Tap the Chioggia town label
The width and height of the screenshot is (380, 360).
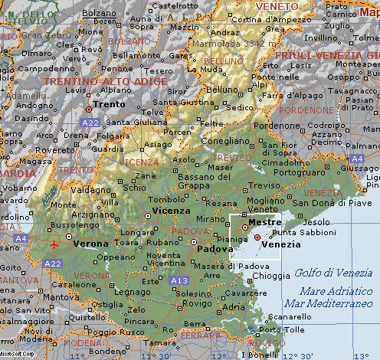(273, 275)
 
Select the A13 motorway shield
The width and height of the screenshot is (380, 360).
(179, 280)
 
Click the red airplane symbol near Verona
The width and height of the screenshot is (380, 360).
(54, 244)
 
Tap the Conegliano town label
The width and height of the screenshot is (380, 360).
(226, 140)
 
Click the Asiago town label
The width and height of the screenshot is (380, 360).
(159, 144)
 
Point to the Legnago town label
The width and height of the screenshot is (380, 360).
(127, 291)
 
